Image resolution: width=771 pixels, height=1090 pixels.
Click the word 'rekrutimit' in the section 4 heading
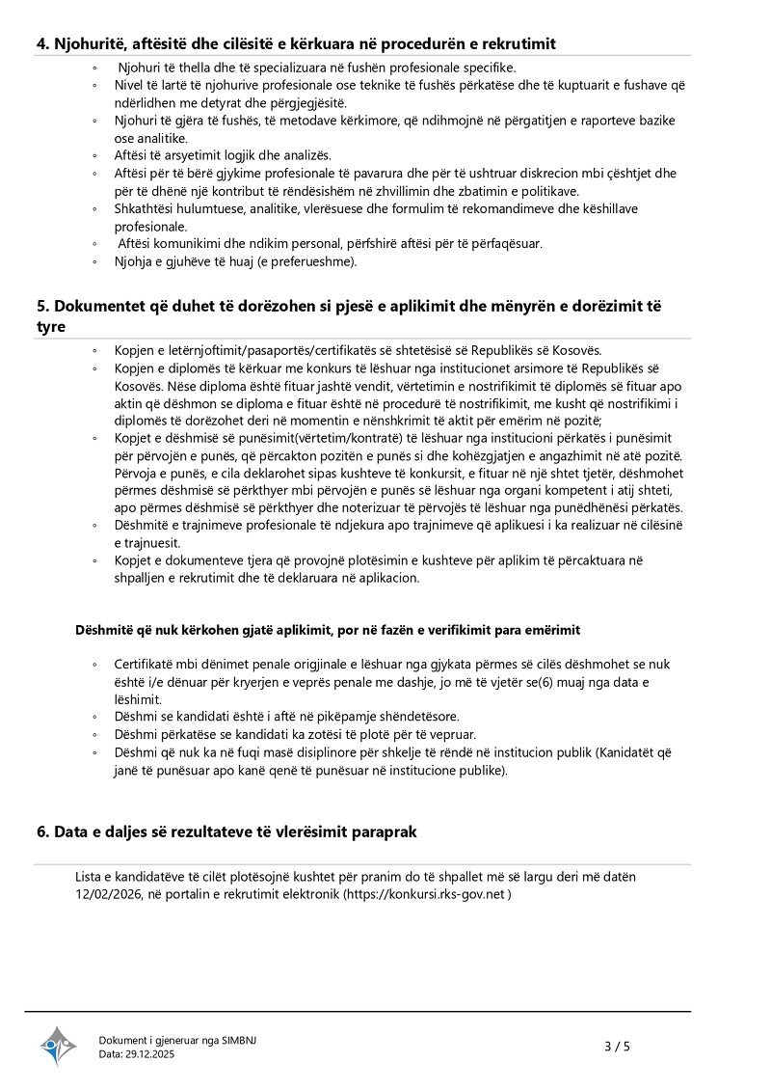(x=518, y=43)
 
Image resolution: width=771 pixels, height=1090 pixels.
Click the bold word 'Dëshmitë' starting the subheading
(x=103, y=630)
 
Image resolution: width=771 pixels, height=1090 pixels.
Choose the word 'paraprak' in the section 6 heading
(x=383, y=831)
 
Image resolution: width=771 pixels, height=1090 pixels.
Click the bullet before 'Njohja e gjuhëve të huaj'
(x=93, y=261)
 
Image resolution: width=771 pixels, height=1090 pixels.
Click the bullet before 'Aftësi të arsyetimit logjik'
(x=93, y=155)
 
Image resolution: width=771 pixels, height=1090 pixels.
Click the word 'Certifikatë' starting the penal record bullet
(x=145, y=665)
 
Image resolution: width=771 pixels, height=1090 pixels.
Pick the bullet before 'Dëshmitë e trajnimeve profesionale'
(x=93, y=526)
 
